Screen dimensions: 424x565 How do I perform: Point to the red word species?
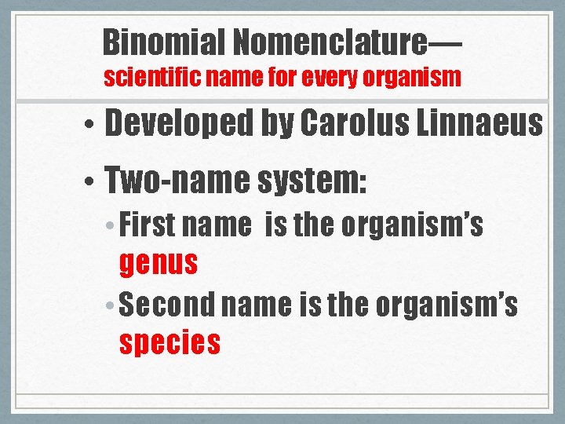(169, 343)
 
